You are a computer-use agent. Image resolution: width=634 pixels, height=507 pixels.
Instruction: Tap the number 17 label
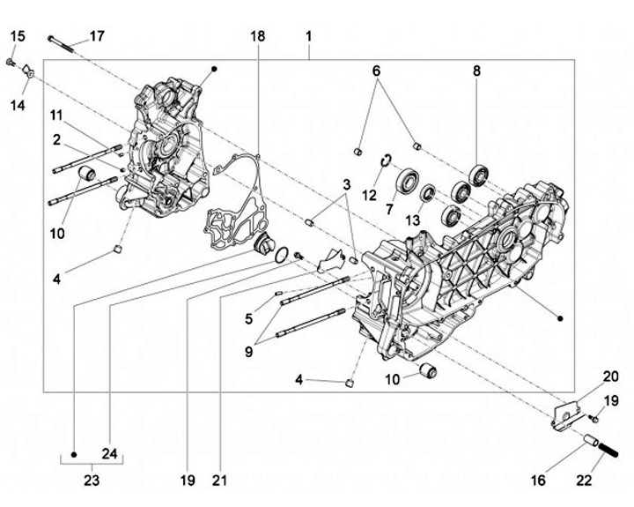click(x=97, y=36)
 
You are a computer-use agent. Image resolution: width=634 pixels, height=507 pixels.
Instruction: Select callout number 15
click(x=18, y=36)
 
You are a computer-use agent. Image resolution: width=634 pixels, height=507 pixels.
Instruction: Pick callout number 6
click(x=376, y=70)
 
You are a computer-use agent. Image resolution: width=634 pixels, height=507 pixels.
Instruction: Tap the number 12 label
click(x=370, y=194)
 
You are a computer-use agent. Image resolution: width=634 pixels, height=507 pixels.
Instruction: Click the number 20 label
click(x=586, y=376)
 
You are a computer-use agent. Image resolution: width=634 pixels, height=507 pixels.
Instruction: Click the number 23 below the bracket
click(x=92, y=481)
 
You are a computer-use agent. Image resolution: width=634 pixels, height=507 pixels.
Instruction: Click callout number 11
click(x=56, y=116)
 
